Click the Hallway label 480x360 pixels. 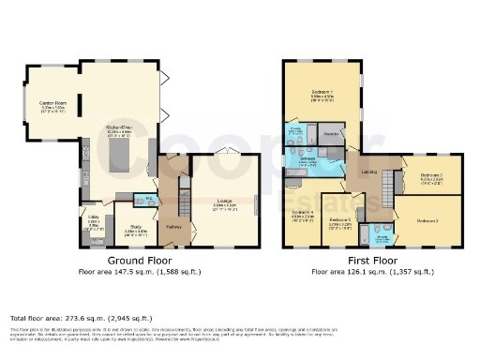173,226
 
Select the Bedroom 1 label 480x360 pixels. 323,92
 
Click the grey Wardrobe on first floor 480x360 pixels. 330,134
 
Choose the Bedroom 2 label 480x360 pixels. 427,219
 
